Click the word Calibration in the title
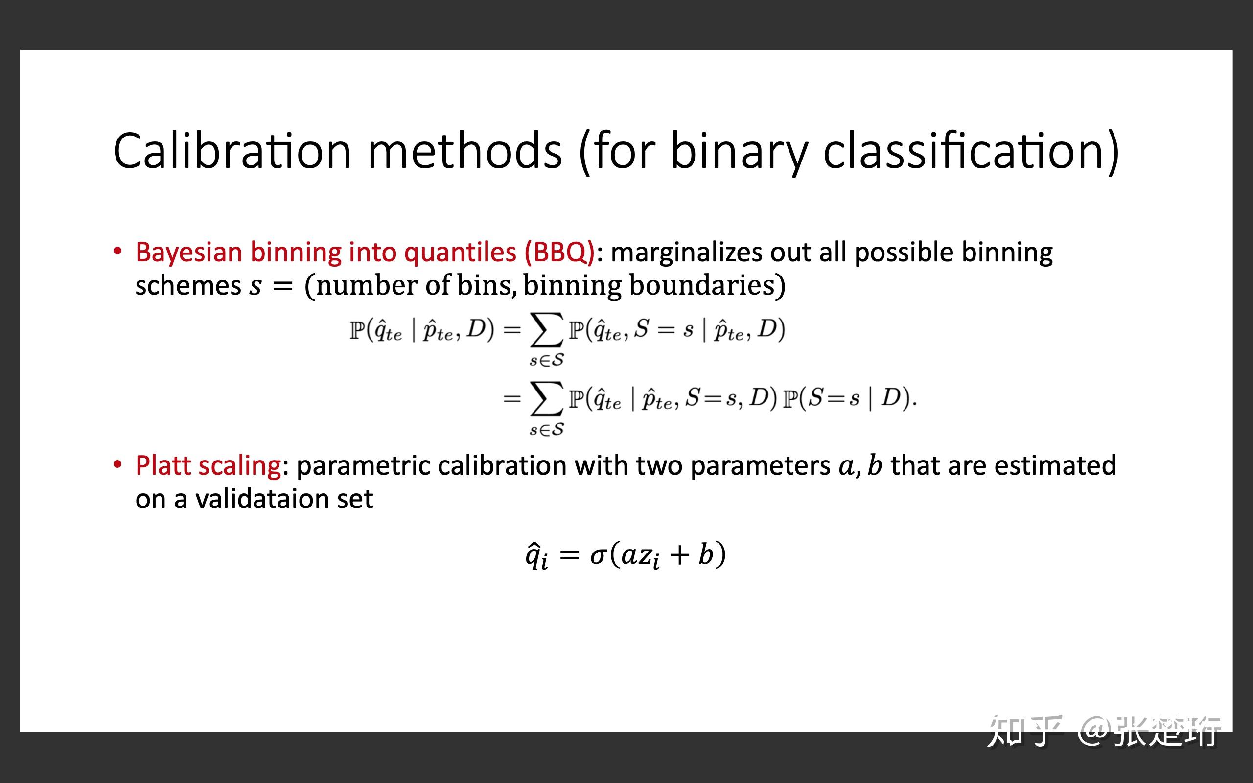pos(232,151)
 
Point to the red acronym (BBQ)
pos(559,253)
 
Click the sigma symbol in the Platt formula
pos(598,555)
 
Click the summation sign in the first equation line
pos(546,330)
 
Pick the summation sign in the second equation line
pos(546,399)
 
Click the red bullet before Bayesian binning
pos(117,252)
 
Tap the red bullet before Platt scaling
pos(117,464)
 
